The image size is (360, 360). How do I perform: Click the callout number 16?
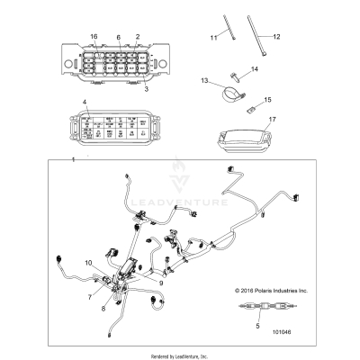[x=93, y=36]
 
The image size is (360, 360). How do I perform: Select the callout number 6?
[x=118, y=36]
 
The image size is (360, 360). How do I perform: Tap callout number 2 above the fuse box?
[x=137, y=36]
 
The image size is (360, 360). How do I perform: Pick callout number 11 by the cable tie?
[x=213, y=39]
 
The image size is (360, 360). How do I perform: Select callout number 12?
[x=277, y=37]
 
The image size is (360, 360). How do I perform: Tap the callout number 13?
[x=204, y=80]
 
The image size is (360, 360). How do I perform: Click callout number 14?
[x=254, y=68]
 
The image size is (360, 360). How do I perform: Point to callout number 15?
[x=266, y=101]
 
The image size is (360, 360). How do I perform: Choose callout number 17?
[x=272, y=117]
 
